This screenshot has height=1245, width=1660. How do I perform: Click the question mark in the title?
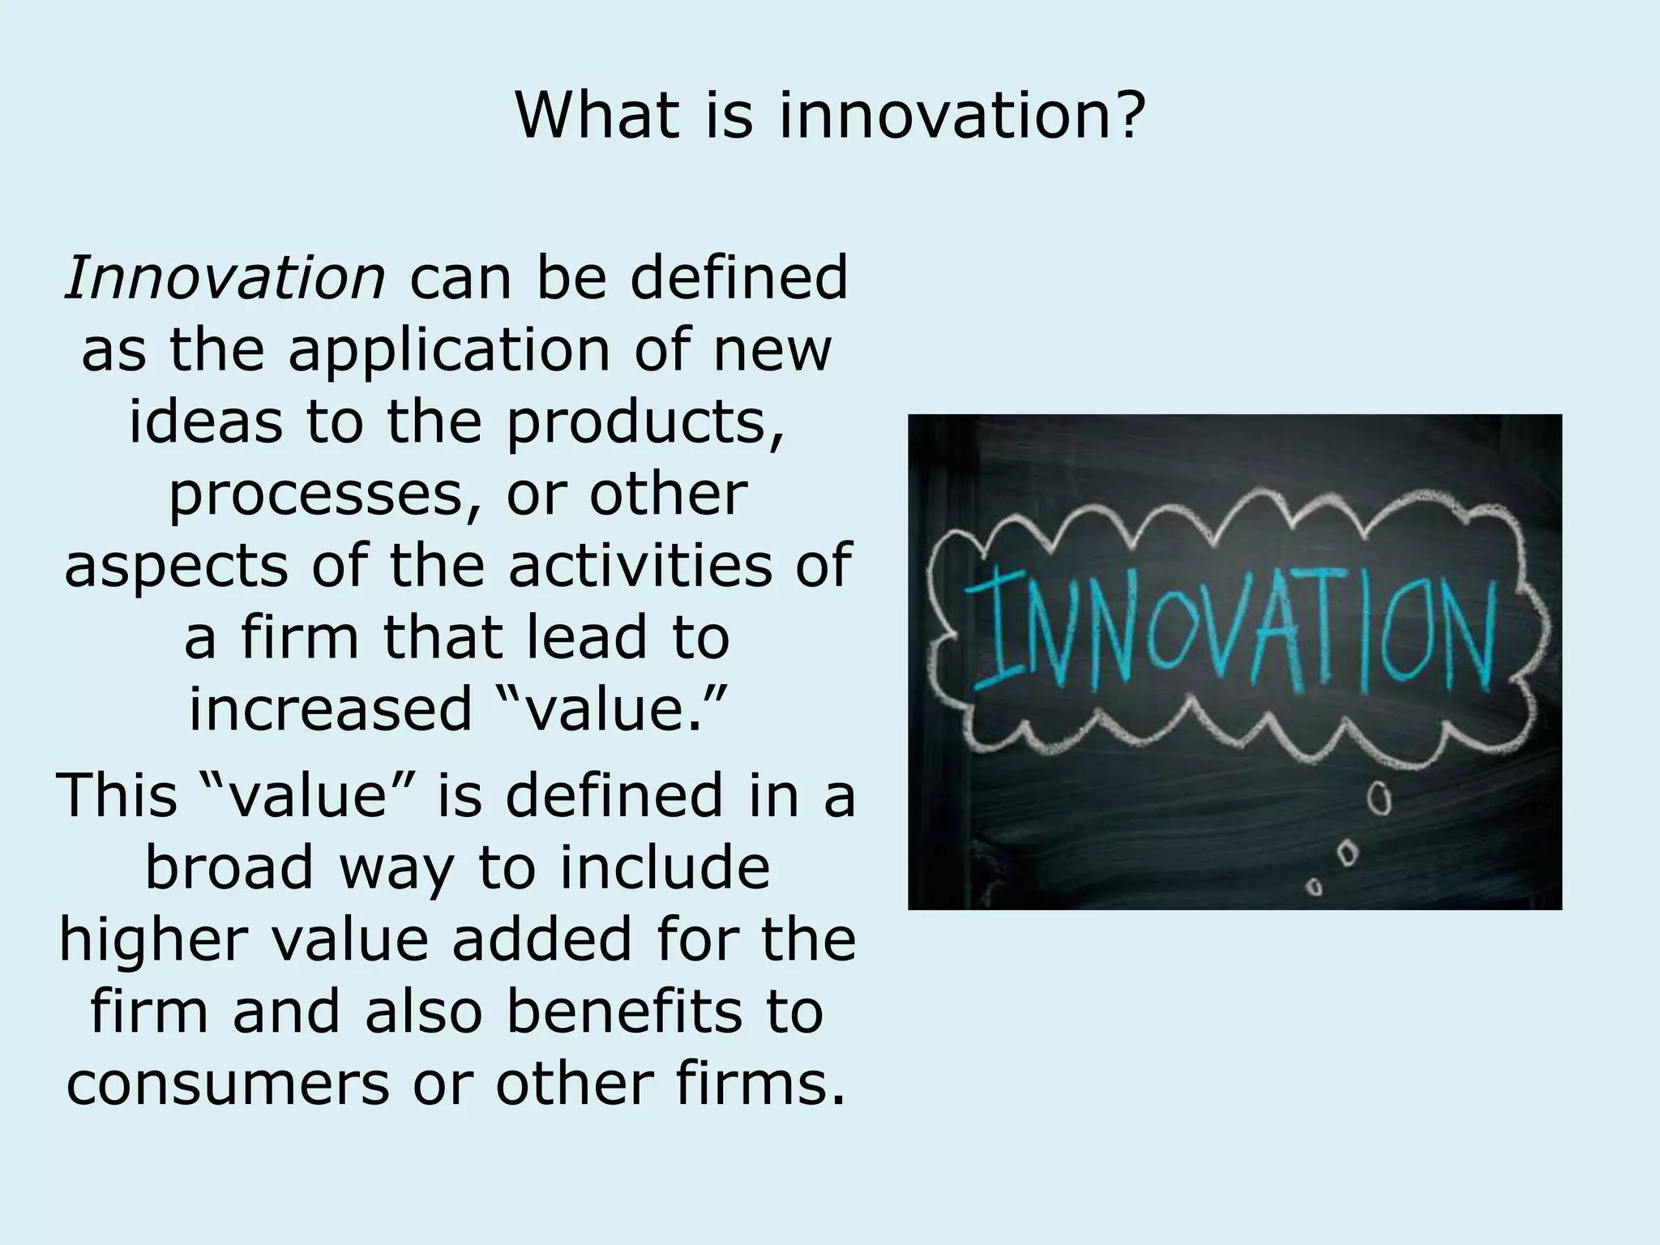click(1125, 115)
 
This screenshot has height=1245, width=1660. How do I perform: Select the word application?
click(449, 350)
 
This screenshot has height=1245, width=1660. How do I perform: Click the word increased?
click(330, 708)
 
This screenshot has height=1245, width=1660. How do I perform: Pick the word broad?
click(229, 867)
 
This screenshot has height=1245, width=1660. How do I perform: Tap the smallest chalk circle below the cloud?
click(1316, 888)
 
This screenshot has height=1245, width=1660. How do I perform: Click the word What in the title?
click(596, 115)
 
